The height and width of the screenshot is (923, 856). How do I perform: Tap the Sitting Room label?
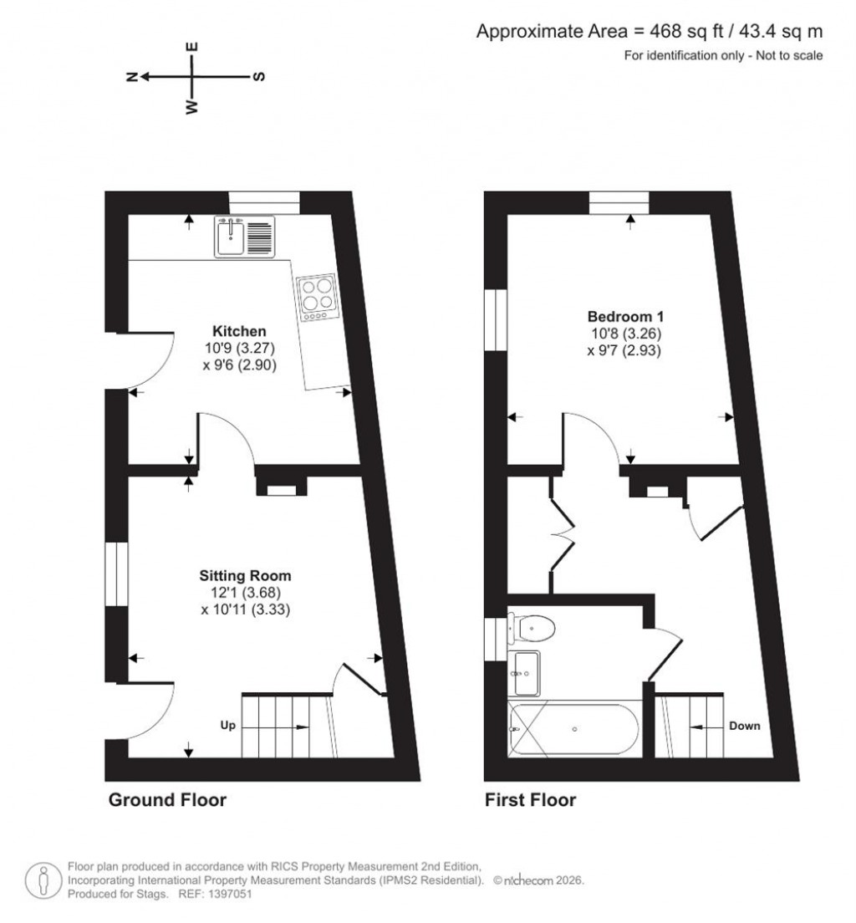pos(245,576)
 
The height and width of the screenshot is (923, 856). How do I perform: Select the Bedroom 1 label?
pos(625,317)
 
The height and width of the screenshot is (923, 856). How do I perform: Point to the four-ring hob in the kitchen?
pos(317,294)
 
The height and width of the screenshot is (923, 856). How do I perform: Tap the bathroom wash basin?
pos(526,671)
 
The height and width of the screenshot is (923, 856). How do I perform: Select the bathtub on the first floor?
pos(574,730)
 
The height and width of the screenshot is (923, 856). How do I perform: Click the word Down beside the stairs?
pos(744,726)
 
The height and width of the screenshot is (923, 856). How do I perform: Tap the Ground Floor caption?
pos(167,800)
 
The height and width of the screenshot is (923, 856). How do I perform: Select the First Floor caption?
pos(531,800)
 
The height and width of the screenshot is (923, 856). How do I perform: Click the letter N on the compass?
pos(131,77)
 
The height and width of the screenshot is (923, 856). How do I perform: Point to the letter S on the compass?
pos(258,77)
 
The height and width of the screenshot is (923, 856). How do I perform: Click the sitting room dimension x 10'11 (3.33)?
pos(245,609)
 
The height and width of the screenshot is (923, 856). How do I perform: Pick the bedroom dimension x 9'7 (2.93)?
pos(625,350)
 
